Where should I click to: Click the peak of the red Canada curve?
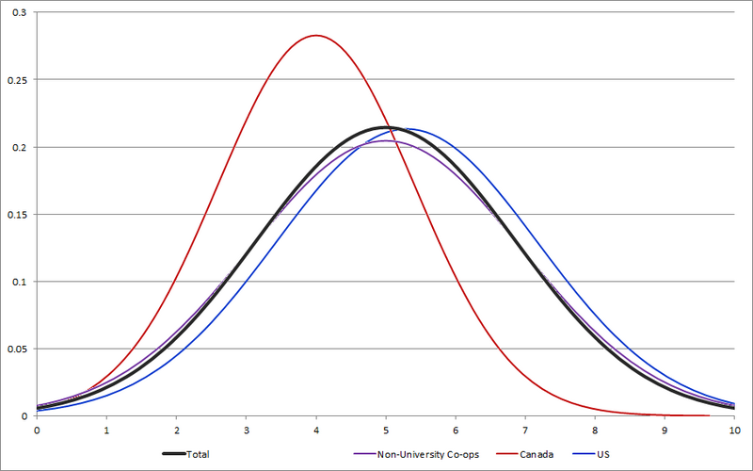coord(315,36)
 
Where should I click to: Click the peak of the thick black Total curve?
coord(385,127)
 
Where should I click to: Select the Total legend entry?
coord(199,454)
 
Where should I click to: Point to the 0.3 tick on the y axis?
coord(19,12)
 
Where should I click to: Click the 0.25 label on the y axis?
coord(16,80)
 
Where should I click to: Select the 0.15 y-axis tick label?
coord(16,215)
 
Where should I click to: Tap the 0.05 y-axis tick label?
coord(16,349)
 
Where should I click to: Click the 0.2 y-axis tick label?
coord(19,147)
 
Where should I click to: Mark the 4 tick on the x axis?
coord(315,429)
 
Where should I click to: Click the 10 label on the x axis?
coord(734,429)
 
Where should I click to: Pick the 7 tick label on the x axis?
coord(525,429)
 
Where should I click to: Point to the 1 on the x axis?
coord(106,429)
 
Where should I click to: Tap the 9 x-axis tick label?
coord(665,429)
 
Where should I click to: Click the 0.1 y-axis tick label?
coord(19,282)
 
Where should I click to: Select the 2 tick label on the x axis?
coord(176,429)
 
